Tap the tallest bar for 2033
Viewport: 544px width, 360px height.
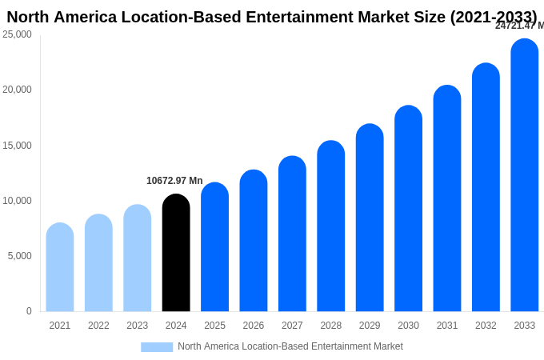[525, 175]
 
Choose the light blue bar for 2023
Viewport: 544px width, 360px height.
[138, 258]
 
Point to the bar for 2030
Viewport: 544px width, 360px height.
[408, 209]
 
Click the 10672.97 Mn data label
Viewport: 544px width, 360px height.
[174, 181]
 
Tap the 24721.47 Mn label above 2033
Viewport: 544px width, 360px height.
[519, 26]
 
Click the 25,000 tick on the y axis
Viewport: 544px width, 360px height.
[17, 34]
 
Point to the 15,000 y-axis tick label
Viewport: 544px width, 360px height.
[17, 146]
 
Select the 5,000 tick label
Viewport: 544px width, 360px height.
[19, 256]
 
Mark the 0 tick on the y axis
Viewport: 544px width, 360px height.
[29, 311]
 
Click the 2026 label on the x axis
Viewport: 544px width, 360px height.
[254, 326]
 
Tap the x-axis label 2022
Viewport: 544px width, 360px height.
[98, 326]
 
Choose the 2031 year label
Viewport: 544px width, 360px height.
[447, 326]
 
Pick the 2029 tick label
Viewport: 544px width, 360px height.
[370, 326]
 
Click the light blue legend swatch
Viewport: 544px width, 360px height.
[157, 347]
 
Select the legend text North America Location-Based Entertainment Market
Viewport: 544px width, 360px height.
[290, 346]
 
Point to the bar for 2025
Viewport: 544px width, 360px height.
[215, 247]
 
